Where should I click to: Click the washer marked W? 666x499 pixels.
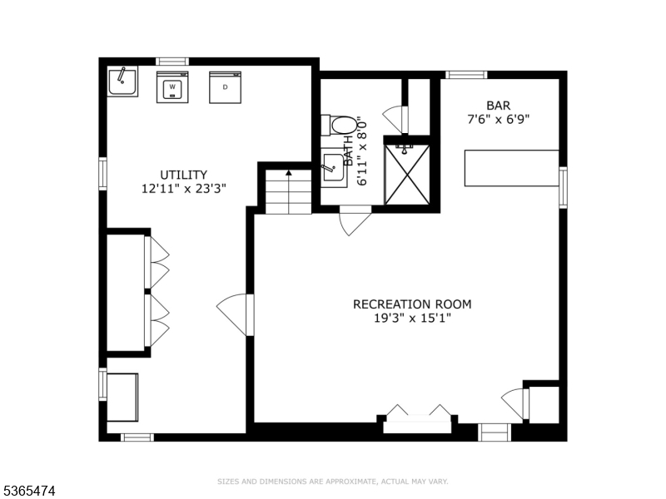[x=172, y=87]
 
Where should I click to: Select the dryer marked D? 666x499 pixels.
[x=225, y=87]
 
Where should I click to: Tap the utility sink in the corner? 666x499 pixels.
[x=122, y=82]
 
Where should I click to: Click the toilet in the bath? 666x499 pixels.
[x=339, y=126]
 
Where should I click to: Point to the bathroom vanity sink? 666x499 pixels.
[x=333, y=168]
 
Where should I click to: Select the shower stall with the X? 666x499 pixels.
[x=407, y=175]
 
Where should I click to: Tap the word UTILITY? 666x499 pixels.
[x=183, y=175]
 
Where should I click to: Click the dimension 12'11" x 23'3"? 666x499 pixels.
[x=183, y=189]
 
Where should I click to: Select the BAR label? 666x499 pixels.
[x=499, y=106]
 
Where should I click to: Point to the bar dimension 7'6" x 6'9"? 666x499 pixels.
[x=499, y=119]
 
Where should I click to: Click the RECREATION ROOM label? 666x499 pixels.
[x=412, y=304]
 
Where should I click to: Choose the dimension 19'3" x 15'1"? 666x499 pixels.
[x=412, y=318]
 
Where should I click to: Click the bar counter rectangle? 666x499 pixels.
[x=512, y=168]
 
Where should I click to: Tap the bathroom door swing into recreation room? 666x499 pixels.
[x=355, y=220]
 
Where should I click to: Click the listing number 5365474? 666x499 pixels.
[x=27, y=491]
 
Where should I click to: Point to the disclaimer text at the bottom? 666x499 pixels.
[x=332, y=482]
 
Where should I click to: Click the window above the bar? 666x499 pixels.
[x=466, y=75]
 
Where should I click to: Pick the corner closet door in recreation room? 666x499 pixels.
[x=515, y=403]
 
